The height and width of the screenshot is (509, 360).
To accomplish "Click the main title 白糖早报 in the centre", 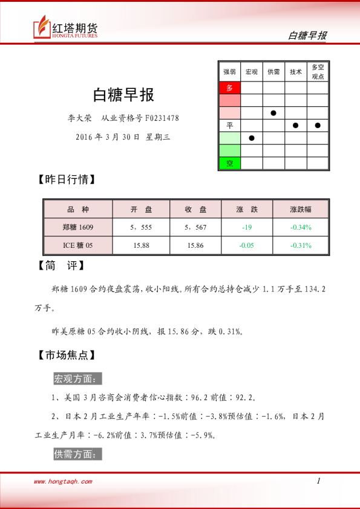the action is pyautogui.click(x=123, y=94).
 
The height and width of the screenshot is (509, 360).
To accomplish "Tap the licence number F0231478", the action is pyautogui.click(x=162, y=118).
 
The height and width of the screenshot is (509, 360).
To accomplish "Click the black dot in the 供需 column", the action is pyautogui.click(x=273, y=112).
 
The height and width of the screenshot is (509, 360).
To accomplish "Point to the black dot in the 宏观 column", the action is pyautogui.click(x=252, y=138).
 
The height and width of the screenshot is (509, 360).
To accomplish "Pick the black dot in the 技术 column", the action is pyautogui.click(x=296, y=125).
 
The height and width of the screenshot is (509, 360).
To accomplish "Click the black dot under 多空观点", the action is pyautogui.click(x=318, y=125).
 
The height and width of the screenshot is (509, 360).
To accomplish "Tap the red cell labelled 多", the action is pyautogui.click(x=229, y=88).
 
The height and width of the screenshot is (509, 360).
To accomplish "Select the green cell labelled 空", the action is pyautogui.click(x=229, y=163).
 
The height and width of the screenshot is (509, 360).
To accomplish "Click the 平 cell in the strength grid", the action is pyautogui.click(x=229, y=125).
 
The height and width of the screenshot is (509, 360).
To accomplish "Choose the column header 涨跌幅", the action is pyautogui.click(x=301, y=209).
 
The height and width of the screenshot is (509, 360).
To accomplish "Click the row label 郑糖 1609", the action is pyautogui.click(x=78, y=227).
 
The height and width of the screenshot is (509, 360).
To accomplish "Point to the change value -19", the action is pyautogui.click(x=246, y=227).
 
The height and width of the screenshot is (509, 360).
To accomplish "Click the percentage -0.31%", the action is pyautogui.click(x=301, y=245).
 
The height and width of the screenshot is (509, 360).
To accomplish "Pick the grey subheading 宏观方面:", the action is pyautogui.click(x=78, y=379).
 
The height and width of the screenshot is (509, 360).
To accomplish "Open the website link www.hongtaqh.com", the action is pyautogui.click(x=63, y=482).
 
